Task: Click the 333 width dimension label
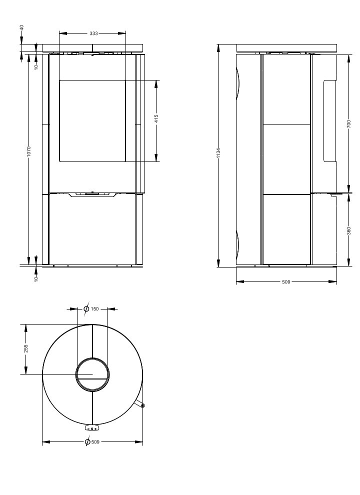click(x=93, y=33)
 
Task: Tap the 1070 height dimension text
click(x=28, y=151)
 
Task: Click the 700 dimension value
click(x=348, y=123)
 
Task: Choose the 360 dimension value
click(x=348, y=231)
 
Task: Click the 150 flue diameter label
click(x=95, y=309)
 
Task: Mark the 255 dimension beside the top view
click(x=26, y=348)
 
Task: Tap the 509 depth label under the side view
click(x=286, y=282)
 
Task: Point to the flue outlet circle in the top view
click(x=92, y=374)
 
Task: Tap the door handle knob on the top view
click(x=143, y=405)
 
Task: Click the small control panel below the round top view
click(x=92, y=428)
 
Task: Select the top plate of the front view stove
click(x=92, y=48)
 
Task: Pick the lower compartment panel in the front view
click(x=92, y=229)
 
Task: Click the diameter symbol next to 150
click(x=86, y=309)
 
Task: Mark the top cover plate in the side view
click(x=286, y=48)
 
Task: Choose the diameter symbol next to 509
click(x=88, y=442)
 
